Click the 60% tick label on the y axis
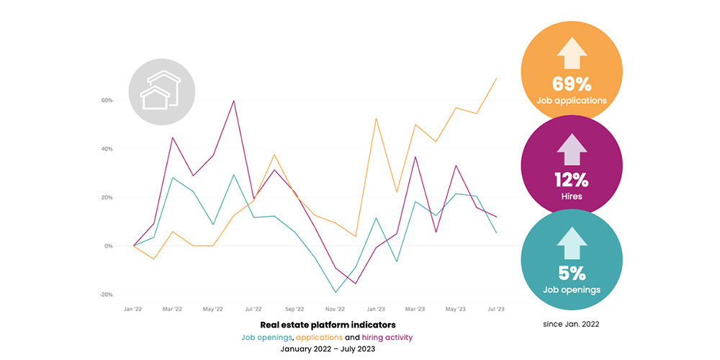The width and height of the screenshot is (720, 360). [107, 100]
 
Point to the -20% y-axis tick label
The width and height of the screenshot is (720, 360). [107, 294]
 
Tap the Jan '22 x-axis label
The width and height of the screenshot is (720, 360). [132, 309]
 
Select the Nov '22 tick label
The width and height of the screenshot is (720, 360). [335, 309]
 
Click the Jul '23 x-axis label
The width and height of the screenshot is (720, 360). [497, 309]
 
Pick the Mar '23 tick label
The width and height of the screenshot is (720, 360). [415, 309]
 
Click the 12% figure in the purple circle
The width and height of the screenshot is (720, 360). [572, 178]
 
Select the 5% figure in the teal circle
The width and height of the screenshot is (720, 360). [572, 273]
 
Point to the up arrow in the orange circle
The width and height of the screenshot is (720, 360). [572, 53]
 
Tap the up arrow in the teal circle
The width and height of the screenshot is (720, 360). [572, 243]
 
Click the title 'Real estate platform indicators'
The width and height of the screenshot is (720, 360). [328, 325]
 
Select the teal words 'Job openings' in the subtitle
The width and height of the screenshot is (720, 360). [267, 337]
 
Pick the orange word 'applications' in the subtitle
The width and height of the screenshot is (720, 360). [319, 337]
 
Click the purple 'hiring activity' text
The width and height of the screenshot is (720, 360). [387, 337]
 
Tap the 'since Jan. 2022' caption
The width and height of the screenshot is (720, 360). [571, 324]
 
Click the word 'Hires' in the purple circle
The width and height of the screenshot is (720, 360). [572, 194]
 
